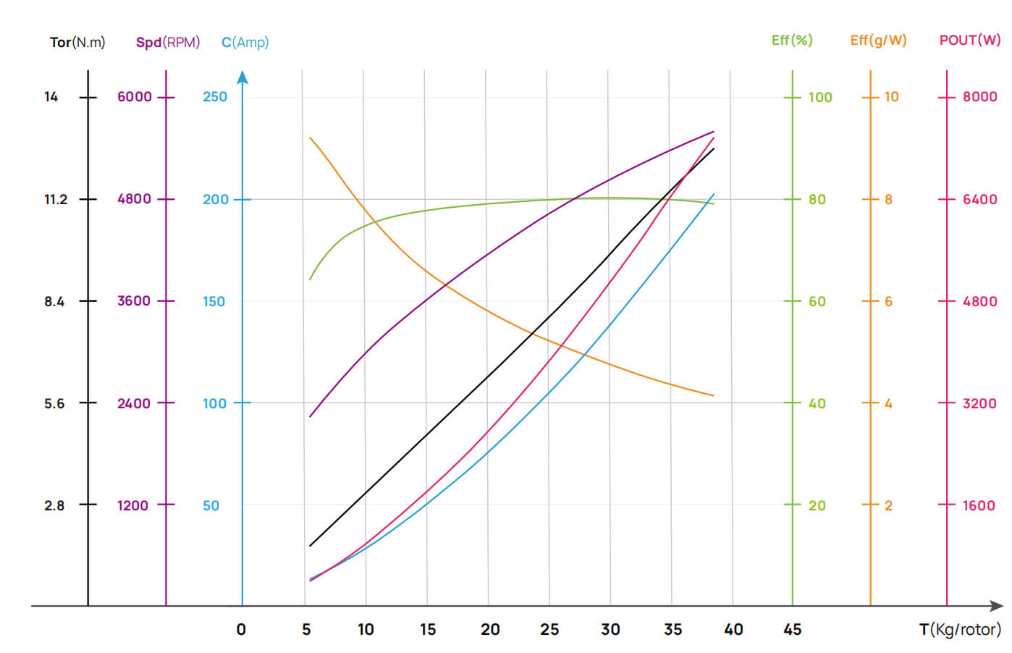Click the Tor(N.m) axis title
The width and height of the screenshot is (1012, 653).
77,42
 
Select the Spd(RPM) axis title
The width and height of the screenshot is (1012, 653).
168,42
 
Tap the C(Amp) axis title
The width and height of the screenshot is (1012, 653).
245,42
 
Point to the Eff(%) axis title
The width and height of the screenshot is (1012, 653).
792,40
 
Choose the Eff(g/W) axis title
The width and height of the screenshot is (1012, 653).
878,40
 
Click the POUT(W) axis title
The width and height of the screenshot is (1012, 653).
969,40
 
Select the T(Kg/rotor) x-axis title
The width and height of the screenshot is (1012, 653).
960,629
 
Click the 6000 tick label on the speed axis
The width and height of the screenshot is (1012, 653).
135,96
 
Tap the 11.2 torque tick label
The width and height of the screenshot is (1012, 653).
56,199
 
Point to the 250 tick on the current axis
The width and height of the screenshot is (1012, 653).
215,96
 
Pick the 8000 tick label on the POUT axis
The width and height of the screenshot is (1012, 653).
979,96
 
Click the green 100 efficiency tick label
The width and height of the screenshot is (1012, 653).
820,96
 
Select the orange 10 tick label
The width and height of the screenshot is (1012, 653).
891,96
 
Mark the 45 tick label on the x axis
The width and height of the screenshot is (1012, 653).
793,629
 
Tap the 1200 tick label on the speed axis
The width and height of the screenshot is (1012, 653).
133,505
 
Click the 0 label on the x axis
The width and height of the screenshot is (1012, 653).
241,629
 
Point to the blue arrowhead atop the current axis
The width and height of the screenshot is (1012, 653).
243,77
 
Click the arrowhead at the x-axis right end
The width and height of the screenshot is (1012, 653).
997,605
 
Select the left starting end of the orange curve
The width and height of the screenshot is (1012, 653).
311,138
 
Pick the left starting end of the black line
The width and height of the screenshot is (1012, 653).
311,545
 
